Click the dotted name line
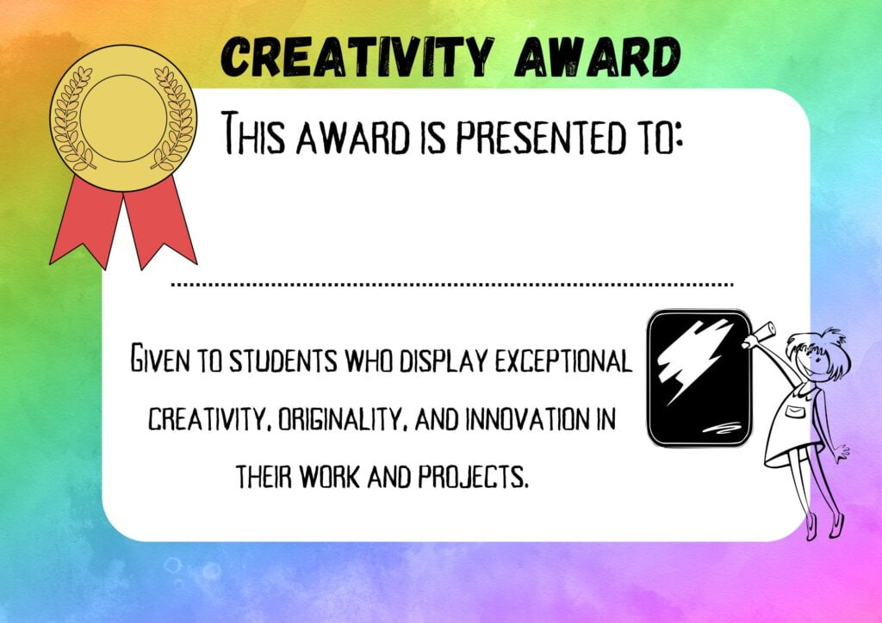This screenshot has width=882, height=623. [x=452, y=283]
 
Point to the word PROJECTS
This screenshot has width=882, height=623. [x=472, y=475]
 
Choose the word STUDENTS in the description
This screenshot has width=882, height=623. [x=279, y=361]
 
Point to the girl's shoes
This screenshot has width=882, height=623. [x=823, y=524]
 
